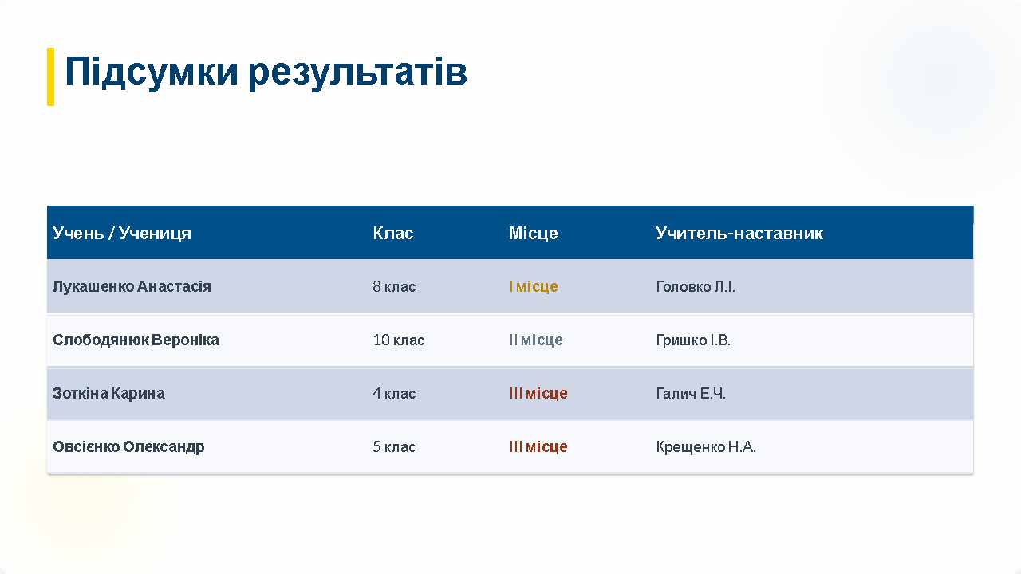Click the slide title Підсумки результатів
pos(266,73)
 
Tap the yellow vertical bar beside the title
pos(50,77)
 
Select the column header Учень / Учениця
pos(122,234)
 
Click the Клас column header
pos(393,234)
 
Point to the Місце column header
pos(534,234)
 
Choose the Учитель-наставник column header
pos(739,234)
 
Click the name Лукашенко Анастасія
pos(132,286)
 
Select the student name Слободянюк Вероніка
pos(136,340)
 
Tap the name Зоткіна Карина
pos(108,393)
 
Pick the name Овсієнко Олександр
pos(128,446)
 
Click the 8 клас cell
pos(394,286)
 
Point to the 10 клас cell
pos(399,340)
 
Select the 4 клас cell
pos(394,393)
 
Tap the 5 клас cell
pos(394,446)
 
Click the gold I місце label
pos(534,286)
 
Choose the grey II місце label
pos(536,340)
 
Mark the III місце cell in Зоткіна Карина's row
pos(538,393)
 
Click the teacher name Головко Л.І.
pos(696,286)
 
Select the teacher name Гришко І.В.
pos(693,340)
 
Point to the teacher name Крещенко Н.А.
pos(706,446)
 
